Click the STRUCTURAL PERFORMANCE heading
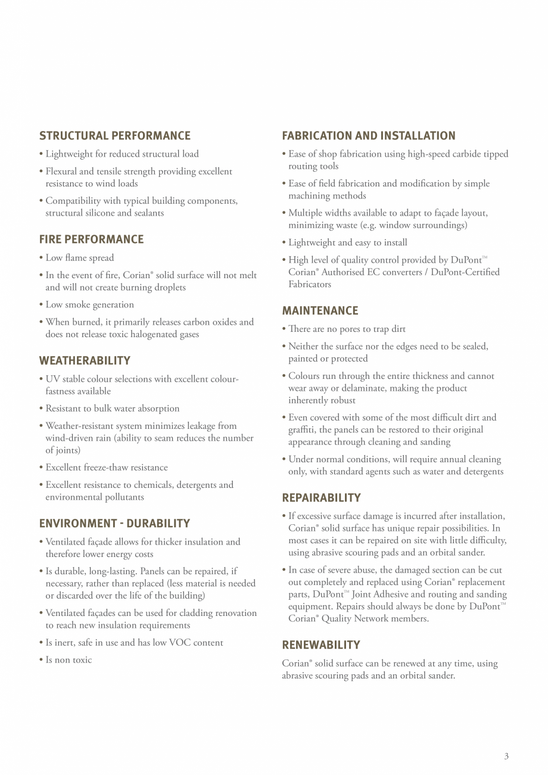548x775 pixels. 115,136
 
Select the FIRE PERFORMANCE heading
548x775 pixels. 91,239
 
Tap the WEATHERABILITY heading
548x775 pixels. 85,361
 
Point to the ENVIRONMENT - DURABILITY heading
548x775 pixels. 114,524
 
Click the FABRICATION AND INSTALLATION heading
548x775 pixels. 369,136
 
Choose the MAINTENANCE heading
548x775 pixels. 320,311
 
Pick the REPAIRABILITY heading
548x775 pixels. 321,498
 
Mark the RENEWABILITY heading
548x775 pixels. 321,645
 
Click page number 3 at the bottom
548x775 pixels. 506,757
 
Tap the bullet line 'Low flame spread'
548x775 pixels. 80,258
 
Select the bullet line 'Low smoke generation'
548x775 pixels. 90,305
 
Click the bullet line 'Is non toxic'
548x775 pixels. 68,660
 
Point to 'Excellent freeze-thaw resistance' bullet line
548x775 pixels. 107,468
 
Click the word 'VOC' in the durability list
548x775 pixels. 179,643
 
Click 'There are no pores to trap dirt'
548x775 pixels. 347,329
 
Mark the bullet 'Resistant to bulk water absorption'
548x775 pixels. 113,409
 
